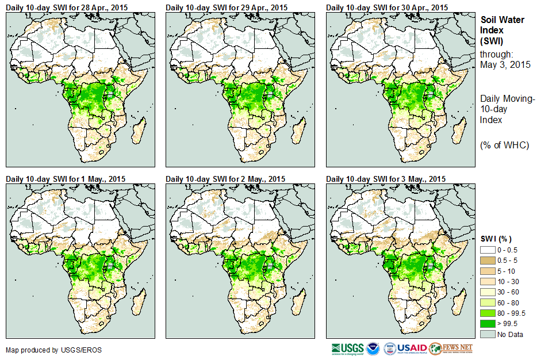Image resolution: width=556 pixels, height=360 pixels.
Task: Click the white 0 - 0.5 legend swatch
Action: pyautogui.click(x=487, y=250)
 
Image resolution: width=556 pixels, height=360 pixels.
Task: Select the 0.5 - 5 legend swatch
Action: pyautogui.click(x=487, y=261)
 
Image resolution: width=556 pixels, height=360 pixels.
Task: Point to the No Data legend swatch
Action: pyautogui.click(x=487, y=334)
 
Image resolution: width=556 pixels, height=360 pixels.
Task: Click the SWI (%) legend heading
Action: pyautogui.click(x=496, y=239)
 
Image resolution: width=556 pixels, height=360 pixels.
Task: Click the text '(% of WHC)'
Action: pyautogui.click(x=505, y=145)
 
